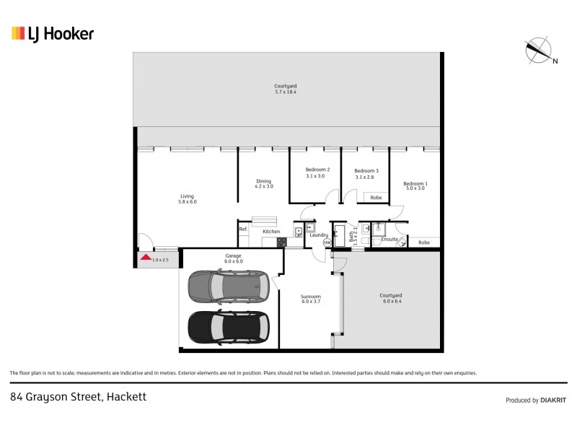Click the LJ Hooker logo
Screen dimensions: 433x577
[x=53, y=33]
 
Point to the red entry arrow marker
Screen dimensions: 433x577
[x=145, y=257]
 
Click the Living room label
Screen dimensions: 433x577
[x=188, y=198]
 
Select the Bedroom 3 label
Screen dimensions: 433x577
[x=366, y=173]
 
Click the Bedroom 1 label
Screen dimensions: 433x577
[x=415, y=185]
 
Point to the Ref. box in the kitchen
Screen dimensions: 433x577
[x=244, y=229]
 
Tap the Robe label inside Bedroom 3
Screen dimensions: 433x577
[x=375, y=197]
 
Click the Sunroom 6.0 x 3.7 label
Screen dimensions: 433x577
[x=311, y=299]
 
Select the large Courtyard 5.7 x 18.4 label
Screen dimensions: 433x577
[x=286, y=89]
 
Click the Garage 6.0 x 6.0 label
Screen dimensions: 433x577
[x=234, y=258]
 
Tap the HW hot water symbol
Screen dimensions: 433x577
[x=327, y=243]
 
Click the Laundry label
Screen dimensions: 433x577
[x=319, y=235]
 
